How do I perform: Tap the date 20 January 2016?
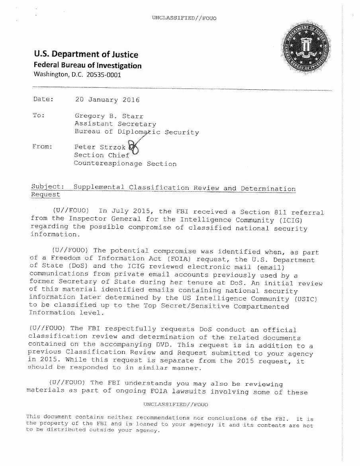coord(107,100)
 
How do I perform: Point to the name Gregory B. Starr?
coord(106,116)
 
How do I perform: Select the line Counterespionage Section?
coord(125,163)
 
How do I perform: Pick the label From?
coord(42,147)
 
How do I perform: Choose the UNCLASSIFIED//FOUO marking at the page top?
coord(178,18)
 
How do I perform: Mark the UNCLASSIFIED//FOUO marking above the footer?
coord(176,405)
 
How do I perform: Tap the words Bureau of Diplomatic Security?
coord(137,132)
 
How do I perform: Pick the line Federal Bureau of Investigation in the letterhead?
coord(87,65)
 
